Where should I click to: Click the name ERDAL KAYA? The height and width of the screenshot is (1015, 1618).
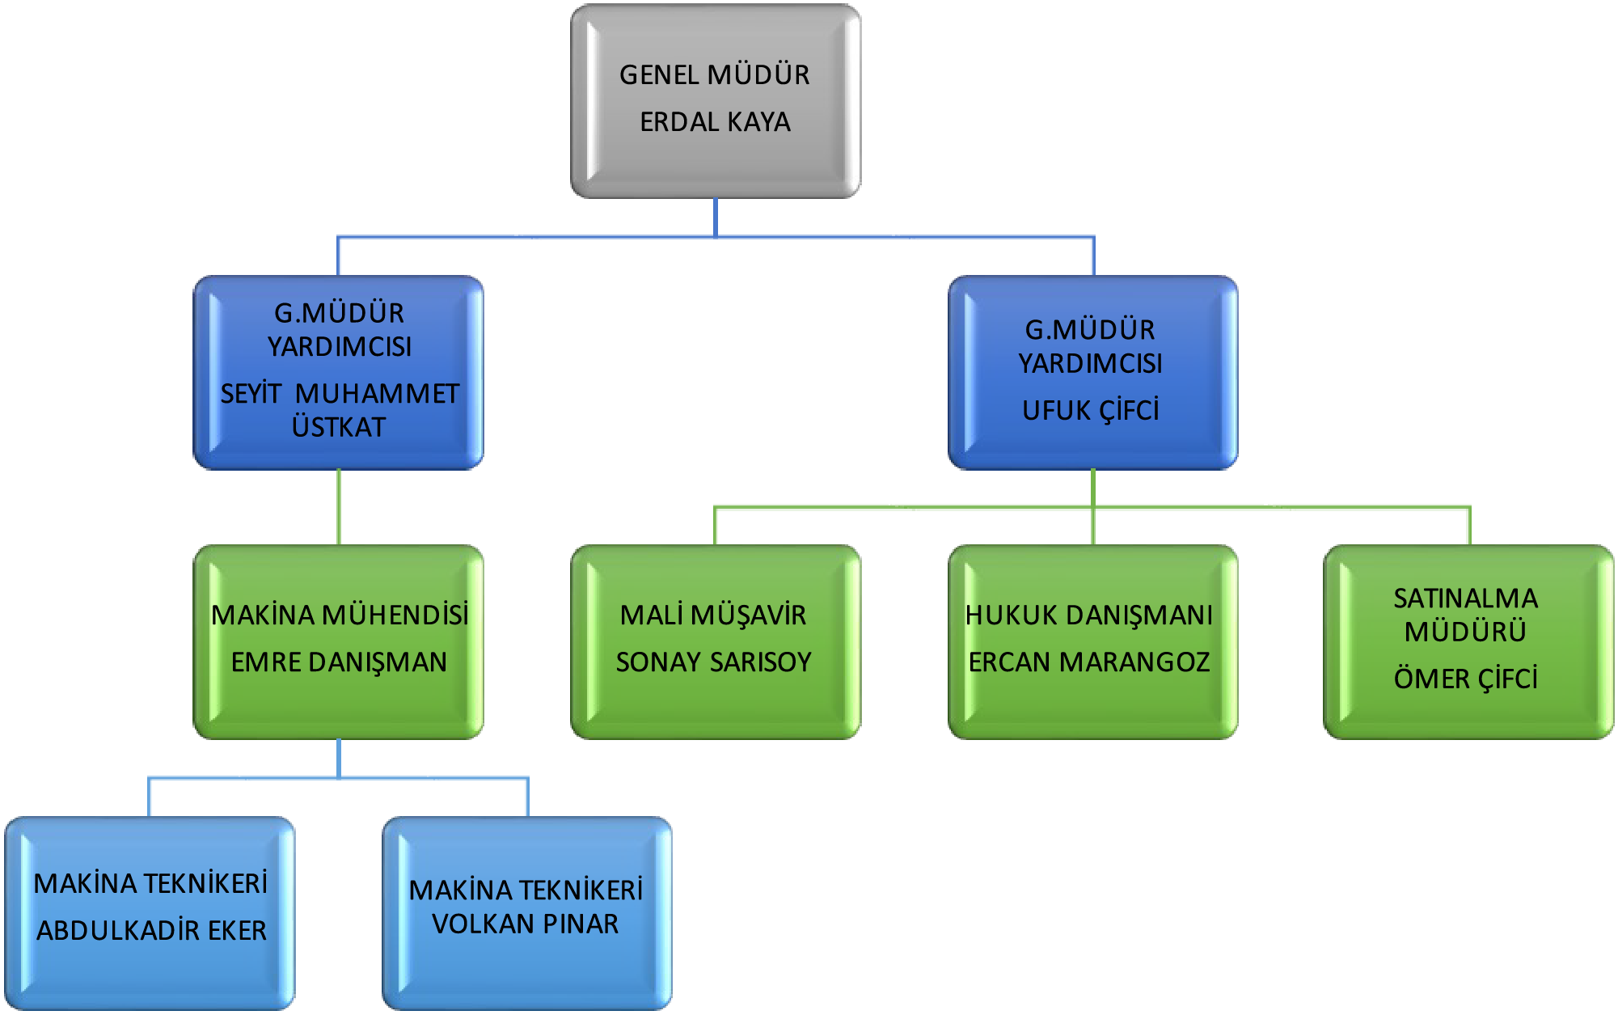click(x=715, y=122)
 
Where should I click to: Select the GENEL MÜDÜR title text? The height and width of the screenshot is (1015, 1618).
click(x=715, y=75)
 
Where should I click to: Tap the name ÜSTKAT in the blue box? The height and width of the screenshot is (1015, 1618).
click(x=339, y=427)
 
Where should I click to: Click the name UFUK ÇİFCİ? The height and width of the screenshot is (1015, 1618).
click(x=1091, y=411)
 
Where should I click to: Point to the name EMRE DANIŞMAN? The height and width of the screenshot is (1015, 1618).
click(x=339, y=662)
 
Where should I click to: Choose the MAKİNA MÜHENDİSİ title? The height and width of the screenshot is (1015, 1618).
click(x=340, y=615)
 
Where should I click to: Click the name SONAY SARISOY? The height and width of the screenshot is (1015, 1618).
click(x=713, y=662)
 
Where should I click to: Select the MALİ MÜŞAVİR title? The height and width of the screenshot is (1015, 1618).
click(x=713, y=615)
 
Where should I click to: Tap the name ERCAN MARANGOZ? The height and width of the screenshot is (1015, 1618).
click(x=1089, y=662)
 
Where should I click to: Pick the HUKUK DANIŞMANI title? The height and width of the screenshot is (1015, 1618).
click(x=1089, y=615)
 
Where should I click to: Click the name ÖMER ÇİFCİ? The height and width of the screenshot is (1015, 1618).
click(x=1465, y=679)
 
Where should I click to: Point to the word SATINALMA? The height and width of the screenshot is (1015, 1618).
click(x=1465, y=598)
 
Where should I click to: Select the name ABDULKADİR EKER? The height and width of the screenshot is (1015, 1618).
click(x=151, y=931)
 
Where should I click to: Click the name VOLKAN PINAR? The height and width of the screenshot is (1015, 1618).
click(x=526, y=924)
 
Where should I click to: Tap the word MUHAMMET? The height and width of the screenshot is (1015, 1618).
click(x=377, y=394)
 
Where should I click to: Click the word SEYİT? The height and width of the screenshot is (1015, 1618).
click(x=251, y=394)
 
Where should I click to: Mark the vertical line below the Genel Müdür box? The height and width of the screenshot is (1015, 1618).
click(x=716, y=216)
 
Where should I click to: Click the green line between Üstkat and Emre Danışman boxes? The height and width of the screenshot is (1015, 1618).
click(x=339, y=507)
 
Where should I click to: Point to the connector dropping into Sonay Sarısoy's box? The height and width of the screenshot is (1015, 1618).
click(x=716, y=526)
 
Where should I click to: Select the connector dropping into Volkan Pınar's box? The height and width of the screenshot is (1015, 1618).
click(x=527, y=797)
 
